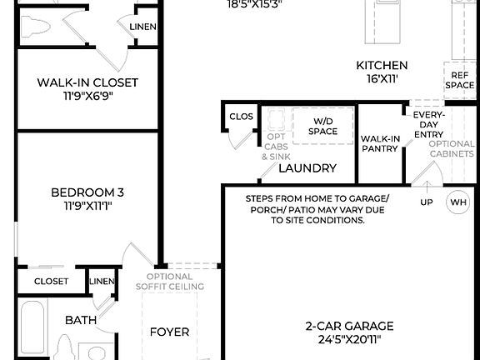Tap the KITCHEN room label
coord(382,66)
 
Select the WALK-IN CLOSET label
coord(87,82)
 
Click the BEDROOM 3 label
coord(87,192)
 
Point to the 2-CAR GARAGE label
coord(349,326)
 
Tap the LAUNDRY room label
coord(307,168)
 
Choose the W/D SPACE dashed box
coord(322,126)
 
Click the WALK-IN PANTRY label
coord(379,143)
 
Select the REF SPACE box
coord(459,80)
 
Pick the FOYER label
coord(169,332)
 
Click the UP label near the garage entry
coord(427,202)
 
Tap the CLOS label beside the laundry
coord(241,117)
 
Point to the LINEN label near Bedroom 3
coord(102,282)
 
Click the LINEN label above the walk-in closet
coord(142,27)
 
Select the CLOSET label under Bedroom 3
coord(52,282)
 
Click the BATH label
coord(81,319)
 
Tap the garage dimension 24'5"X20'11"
coord(349,339)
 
